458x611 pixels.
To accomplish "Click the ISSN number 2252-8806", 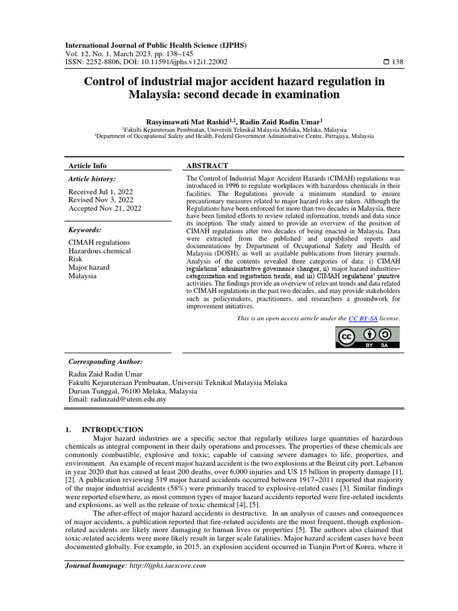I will coord(104,61).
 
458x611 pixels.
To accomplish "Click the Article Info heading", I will coord(88,165).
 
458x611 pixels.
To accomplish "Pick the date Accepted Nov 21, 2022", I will coord(104,208).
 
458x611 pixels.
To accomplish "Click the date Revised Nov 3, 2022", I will coord(101,200).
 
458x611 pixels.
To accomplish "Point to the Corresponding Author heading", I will coord(106,362).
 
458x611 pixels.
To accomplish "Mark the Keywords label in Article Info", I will coord(85,230).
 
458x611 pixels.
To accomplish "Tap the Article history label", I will coord(92,178).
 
